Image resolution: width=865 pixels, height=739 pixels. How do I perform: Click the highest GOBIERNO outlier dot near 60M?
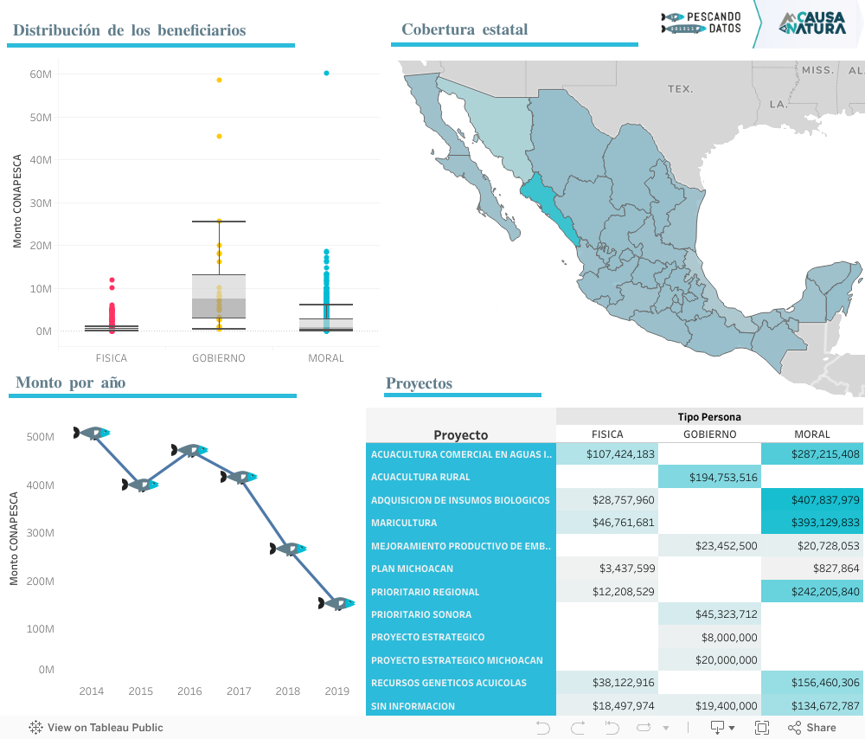coord(219,80)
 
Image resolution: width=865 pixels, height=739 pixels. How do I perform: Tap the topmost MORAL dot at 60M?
coord(326,74)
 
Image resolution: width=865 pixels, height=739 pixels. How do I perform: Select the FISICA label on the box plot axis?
coord(111,357)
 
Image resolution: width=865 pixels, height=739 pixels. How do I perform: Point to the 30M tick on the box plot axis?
coord(41,202)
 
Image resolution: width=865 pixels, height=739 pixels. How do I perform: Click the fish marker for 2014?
coord(92,433)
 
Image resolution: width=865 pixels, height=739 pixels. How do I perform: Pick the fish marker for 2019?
coord(336,603)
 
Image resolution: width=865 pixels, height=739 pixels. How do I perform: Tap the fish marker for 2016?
coord(189,450)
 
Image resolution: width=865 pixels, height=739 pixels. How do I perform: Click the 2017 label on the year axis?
coord(239,691)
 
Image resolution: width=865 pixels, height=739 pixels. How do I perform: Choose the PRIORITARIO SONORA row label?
coord(420,614)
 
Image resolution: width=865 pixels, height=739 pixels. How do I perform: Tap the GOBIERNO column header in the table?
coord(709,434)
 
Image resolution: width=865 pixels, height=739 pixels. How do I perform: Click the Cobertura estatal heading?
coord(465,30)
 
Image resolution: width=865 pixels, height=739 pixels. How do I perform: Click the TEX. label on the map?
coord(680,89)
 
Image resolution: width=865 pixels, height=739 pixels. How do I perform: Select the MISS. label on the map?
coord(817,69)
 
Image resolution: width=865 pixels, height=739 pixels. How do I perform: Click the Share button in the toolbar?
coord(812,728)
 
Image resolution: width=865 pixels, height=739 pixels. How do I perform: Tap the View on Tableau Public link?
coord(96,728)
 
